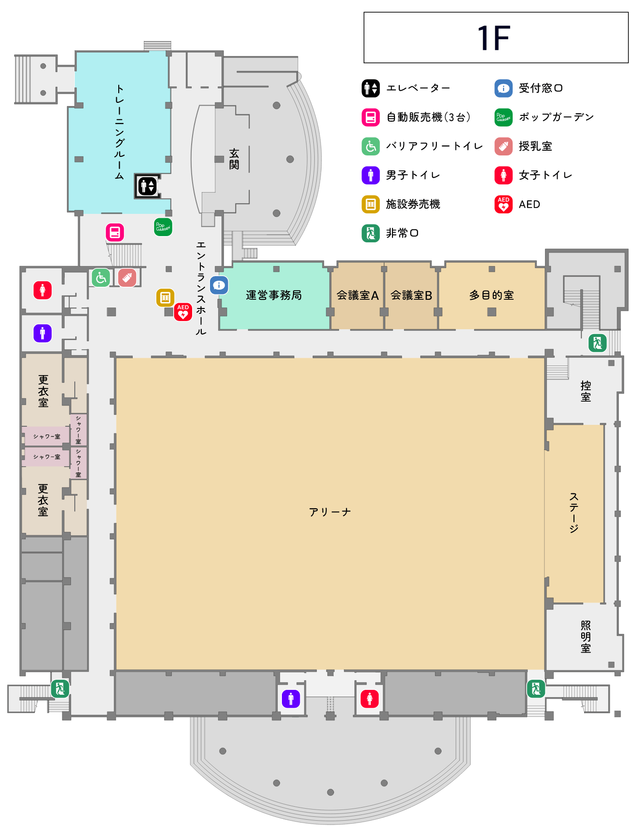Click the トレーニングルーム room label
click(x=119, y=132)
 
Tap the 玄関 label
click(x=234, y=159)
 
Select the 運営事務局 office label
click(x=274, y=295)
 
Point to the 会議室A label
click(x=357, y=295)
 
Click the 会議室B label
click(x=411, y=295)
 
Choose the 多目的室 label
click(x=491, y=295)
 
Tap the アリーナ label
click(x=330, y=512)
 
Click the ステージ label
click(x=573, y=513)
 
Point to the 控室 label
click(x=586, y=391)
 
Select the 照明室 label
click(x=586, y=637)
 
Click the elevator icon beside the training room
click(x=147, y=186)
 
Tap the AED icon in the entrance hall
click(x=183, y=312)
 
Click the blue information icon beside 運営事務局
click(x=219, y=285)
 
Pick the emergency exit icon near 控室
click(x=597, y=343)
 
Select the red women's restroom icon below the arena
click(x=370, y=699)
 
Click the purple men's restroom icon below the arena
click(x=291, y=699)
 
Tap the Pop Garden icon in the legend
click(x=503, y=117)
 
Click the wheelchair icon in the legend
click(x=371, y=146)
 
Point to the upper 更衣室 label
click(x=43, y=391)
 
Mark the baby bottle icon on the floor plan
click(x=127, y=278)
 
